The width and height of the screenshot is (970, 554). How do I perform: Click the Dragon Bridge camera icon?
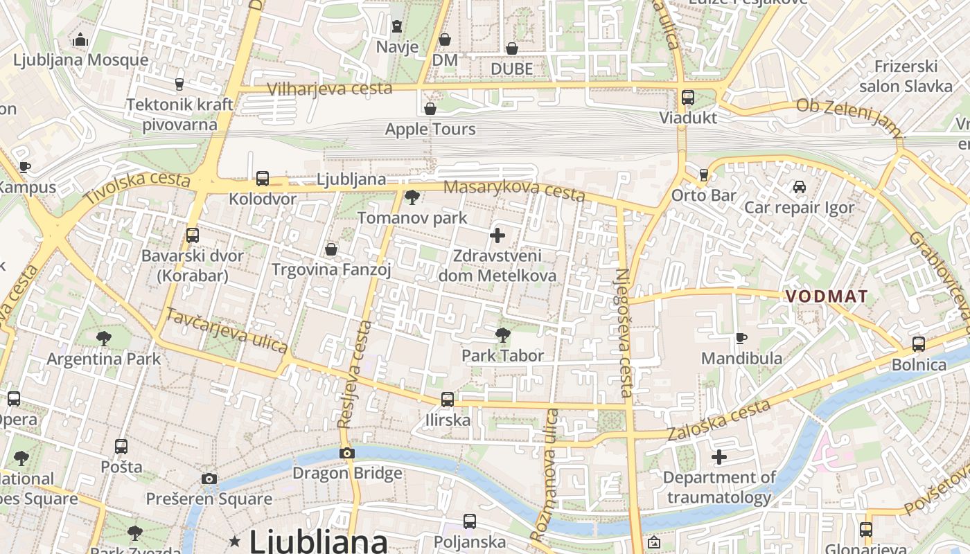[347, 454]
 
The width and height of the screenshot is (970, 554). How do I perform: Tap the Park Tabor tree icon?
[503, 336]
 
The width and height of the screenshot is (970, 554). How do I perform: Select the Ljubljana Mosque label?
[81, 60]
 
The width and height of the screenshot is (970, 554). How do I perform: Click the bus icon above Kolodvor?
[263, 179]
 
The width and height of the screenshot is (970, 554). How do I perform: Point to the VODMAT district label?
[826, 296]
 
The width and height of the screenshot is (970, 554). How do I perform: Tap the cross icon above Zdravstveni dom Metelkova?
[497, 235]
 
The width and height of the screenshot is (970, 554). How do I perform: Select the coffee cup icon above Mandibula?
[741, 338]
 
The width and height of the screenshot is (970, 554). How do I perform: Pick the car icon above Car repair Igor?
[799, 187]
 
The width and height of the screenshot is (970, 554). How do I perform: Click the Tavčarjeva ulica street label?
[226, 330]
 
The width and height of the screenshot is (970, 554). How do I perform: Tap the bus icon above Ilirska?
[448, 400]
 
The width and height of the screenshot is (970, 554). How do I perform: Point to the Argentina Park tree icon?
[104, 339]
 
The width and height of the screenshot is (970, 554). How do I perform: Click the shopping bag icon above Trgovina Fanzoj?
[331, 249]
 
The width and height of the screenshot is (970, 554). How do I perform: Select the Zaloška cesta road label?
[718, 420]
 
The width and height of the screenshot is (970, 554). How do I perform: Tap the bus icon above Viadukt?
[687, 98]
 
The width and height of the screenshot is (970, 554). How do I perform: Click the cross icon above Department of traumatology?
[719, 457]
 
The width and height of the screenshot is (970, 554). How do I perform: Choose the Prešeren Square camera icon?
[209, 479]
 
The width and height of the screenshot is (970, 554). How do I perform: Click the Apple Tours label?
[430, 129]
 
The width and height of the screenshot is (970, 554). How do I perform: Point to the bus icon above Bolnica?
[919, 344]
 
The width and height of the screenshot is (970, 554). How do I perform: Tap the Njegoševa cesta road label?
[623, 332]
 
